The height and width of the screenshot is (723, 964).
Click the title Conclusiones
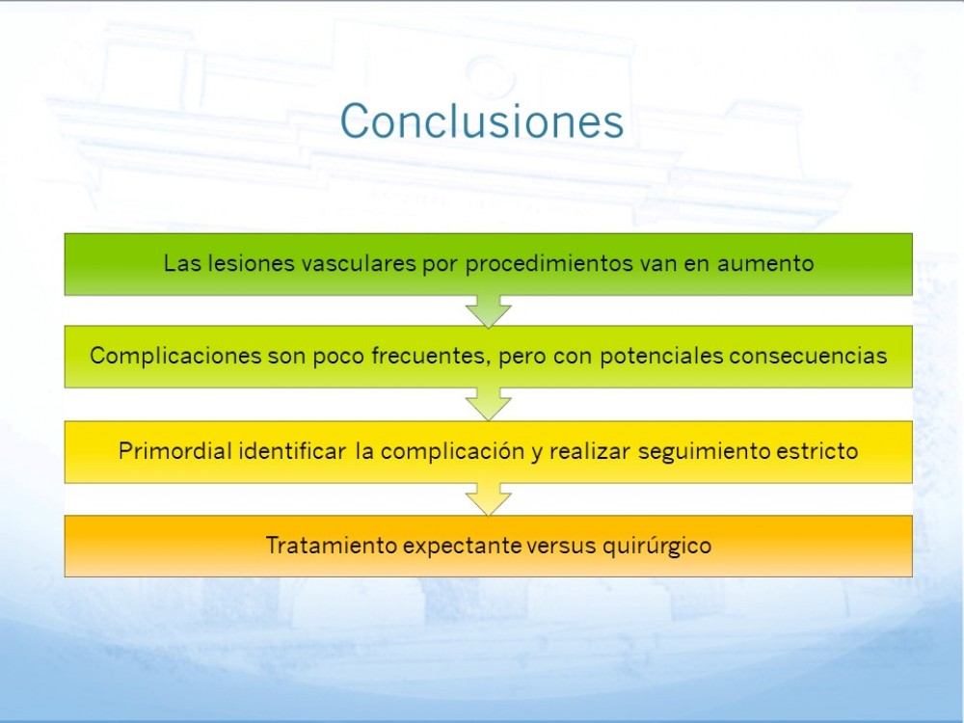(482, 121)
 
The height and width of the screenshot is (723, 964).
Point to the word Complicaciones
(175, 356)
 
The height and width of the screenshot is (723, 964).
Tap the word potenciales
(661, 356)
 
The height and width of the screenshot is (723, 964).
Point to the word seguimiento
(704, 452)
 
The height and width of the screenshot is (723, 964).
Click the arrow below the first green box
(488, 311)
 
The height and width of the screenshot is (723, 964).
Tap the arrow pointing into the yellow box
(488, 405)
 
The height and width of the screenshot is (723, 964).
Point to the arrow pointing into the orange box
(488, 499)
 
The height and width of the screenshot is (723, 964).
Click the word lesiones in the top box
(252, 263)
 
